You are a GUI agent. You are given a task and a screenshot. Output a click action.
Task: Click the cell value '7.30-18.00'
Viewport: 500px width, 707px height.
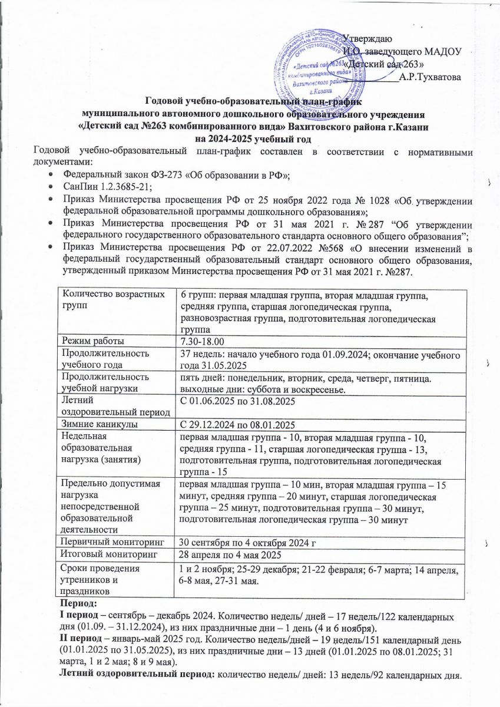coord(201,342)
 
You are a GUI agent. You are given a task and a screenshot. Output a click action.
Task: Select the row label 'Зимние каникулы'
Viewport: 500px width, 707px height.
coord(94,424)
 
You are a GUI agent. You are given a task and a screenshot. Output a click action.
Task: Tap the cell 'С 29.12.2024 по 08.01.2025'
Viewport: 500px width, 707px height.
coord(236,424)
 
